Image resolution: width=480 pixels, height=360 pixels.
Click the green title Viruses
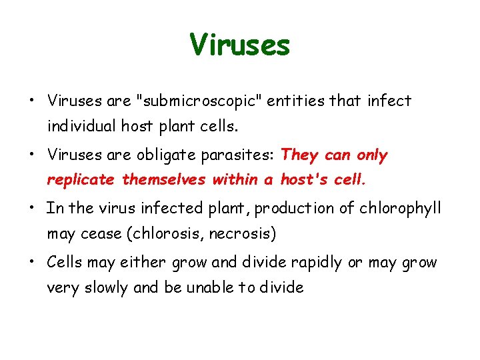click(x=240, y=45)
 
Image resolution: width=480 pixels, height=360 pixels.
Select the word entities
click(x=299, y=101)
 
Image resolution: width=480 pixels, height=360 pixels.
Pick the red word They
click(x=300, y=155)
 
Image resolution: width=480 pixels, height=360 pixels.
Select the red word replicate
click(x=81, y=180)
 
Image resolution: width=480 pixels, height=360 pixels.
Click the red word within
click(x=237, y=180)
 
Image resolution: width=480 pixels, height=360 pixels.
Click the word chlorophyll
click(x=399, y=209)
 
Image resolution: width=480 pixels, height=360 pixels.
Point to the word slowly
click(x=105, y=288)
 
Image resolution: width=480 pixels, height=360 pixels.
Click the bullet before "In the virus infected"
click(x=31, y=209)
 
